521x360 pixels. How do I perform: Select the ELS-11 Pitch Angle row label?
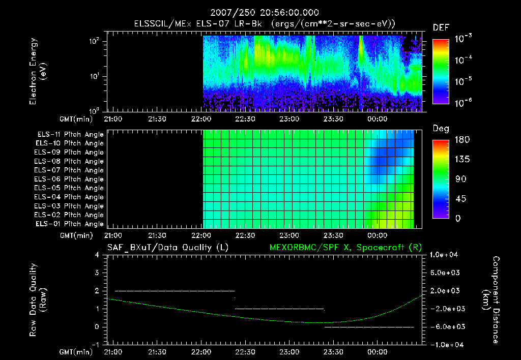(69, 135)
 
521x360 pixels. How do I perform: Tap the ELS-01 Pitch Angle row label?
(69, 224)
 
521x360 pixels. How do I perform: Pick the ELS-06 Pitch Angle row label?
(69, 179)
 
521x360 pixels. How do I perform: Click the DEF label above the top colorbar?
(441, 27)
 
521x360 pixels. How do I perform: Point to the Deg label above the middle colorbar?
(441, 129)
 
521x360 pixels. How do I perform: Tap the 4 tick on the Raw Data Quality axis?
(97, 255)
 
